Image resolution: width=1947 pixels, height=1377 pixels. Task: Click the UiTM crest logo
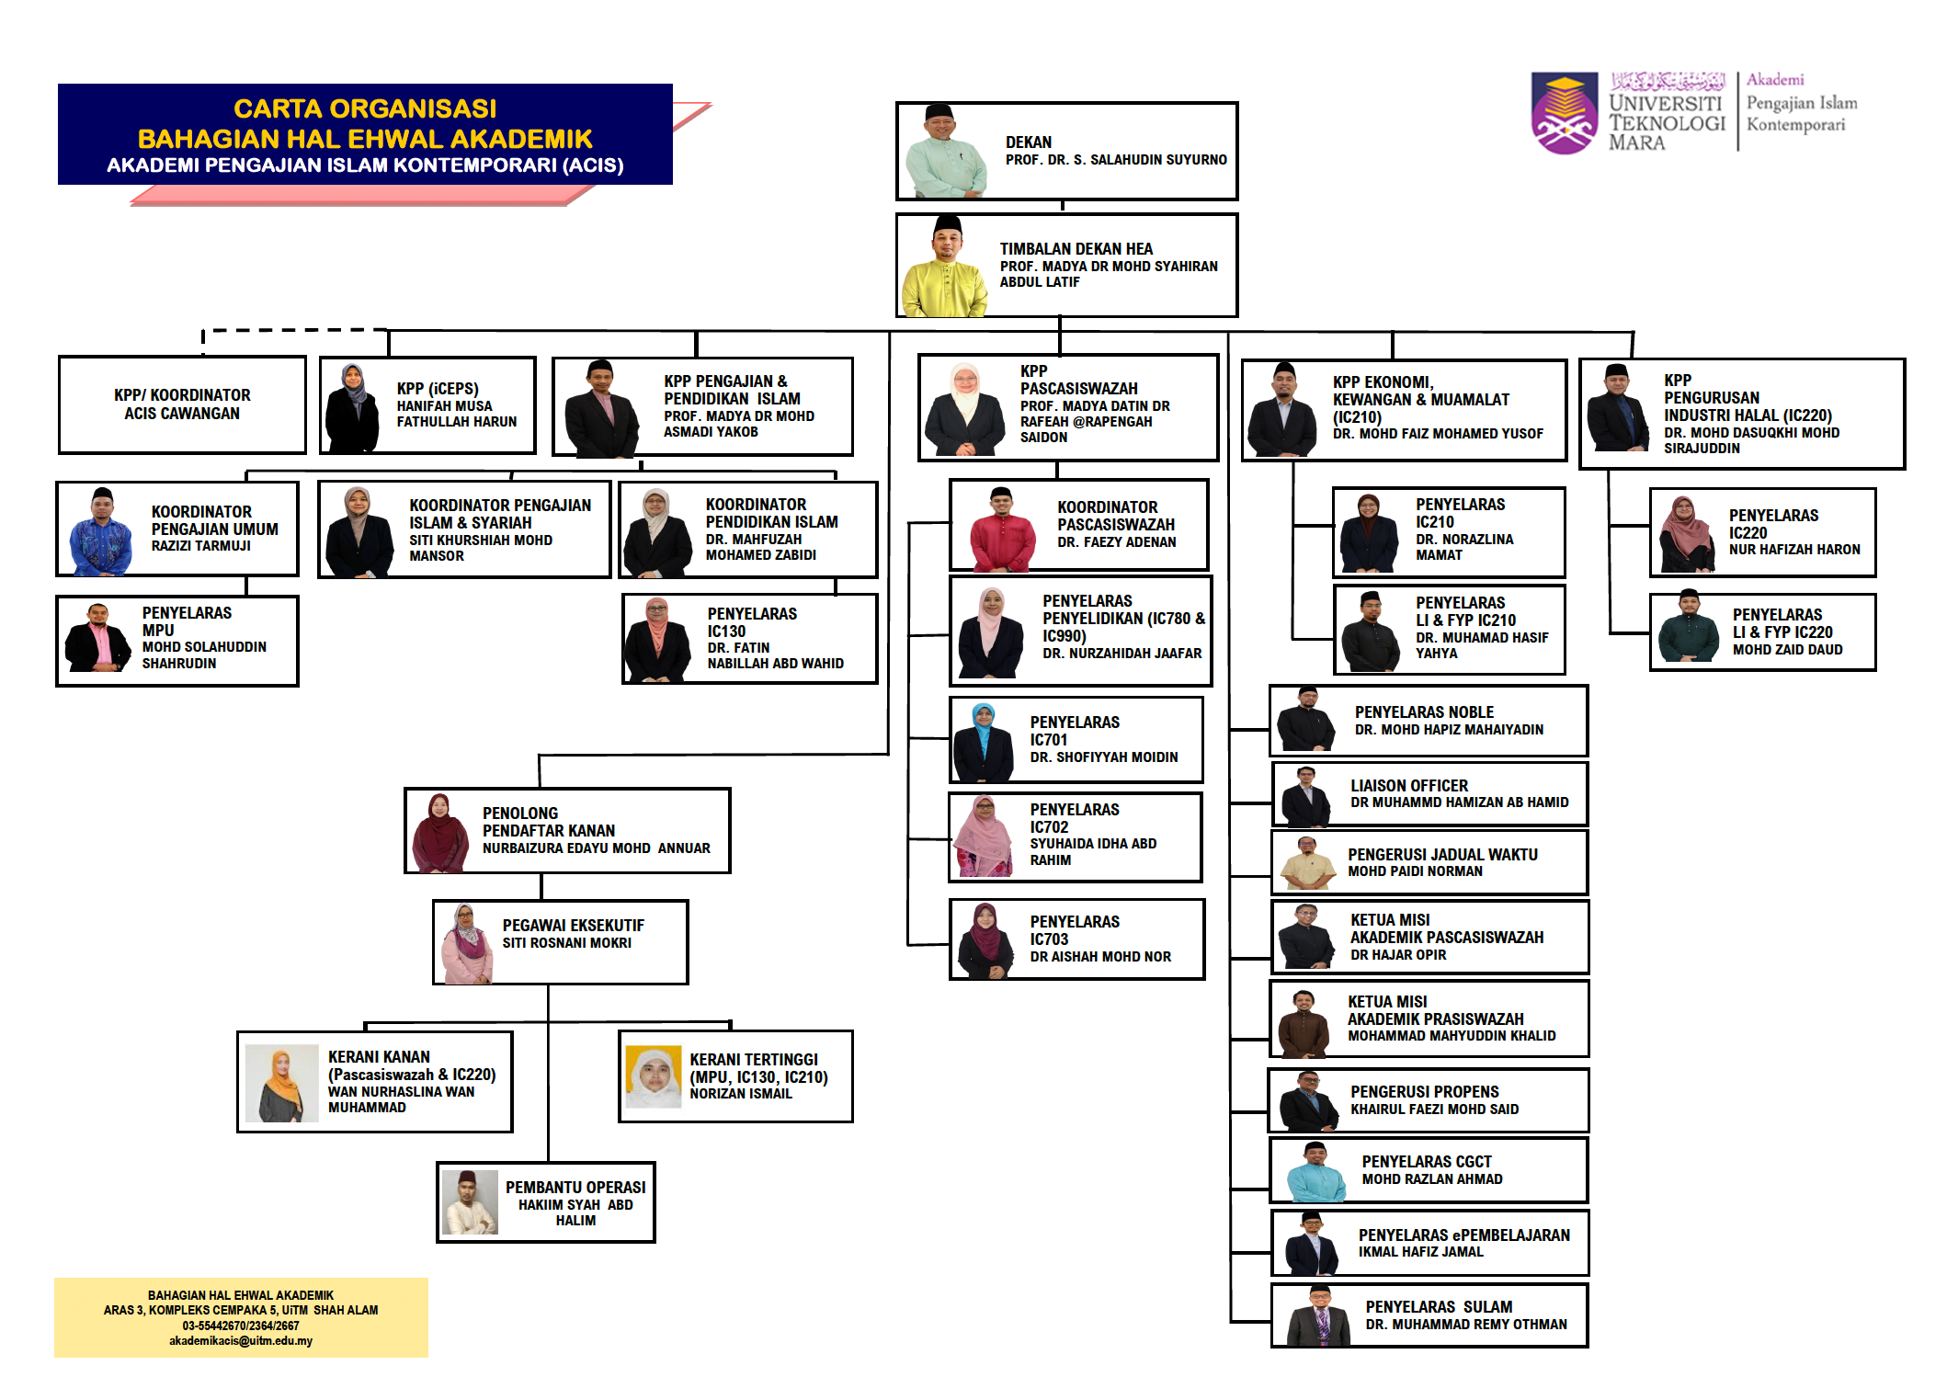point(1566,113)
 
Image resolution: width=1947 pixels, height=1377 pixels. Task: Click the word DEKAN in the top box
point(1028,142)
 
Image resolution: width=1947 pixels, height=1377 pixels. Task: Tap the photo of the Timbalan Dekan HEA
point(946,267)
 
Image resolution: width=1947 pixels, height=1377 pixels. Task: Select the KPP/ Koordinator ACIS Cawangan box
point(182,404)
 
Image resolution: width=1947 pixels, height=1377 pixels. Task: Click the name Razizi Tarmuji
point(200,546)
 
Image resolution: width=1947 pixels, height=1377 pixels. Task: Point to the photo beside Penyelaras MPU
point(97,639)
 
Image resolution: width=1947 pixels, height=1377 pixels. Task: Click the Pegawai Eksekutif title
point(573,926)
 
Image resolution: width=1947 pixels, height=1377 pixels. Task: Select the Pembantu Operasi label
point(575,1188)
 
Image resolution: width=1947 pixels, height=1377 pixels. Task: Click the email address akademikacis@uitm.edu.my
point(241,1341)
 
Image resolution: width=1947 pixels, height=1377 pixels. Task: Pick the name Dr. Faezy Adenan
point(1116,542)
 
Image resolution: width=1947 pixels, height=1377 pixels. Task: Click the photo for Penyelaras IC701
point(984,742)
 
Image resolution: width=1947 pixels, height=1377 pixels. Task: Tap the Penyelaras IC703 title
point(1074,930)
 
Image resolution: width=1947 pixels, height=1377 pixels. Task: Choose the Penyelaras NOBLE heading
point(1424,712)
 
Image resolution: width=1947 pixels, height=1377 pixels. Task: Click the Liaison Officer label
point(1408,786)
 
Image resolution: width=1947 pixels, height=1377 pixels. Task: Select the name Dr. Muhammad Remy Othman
point(1465,1325)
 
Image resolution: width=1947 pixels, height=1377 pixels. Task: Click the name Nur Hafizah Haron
point(1793,550)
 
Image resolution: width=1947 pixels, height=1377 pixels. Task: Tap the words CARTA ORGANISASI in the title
point(365,108)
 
